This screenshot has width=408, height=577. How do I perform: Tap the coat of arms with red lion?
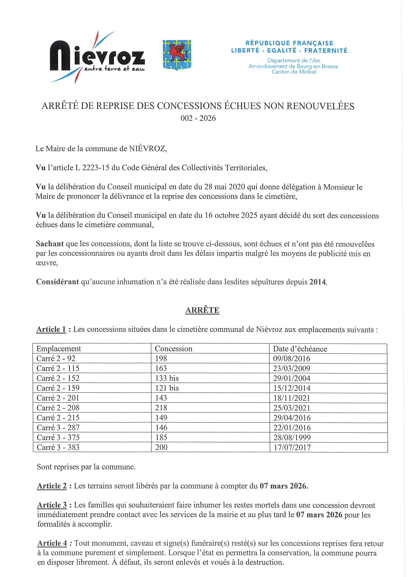[177, 55]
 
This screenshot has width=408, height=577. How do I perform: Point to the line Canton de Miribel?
[294, 72]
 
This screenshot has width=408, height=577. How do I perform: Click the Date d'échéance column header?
[300, 349]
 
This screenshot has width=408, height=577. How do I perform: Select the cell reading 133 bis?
[167, 378]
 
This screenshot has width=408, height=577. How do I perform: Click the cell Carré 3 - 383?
[58, 447]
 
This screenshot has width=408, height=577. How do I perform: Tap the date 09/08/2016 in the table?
[292, 359]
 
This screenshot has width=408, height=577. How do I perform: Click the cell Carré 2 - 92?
[56, 358]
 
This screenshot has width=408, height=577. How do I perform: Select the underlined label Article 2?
[52, 486]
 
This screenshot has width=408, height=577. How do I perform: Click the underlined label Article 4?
[52, 543]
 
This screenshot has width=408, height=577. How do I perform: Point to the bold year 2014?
[318, 282]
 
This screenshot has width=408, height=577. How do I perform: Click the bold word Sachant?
[50, 244]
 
